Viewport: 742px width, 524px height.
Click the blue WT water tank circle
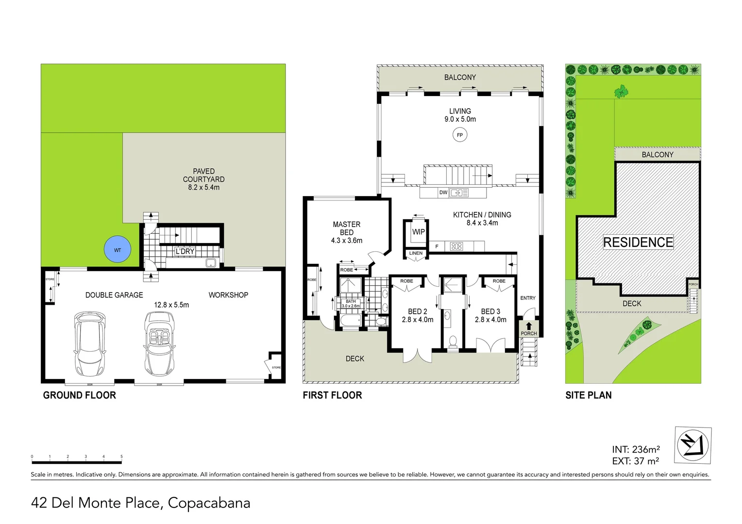pyautogui.click(x=118, y=250)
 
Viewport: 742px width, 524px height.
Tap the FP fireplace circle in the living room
pyautogui.click(x=459, y=135)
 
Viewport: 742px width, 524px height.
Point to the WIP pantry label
pyautogui.click(x=418, y=232)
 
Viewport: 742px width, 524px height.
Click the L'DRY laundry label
pyautogui.click(x=185, y=251)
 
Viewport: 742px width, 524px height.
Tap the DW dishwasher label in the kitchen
pyautogui.click(x=443, y=193)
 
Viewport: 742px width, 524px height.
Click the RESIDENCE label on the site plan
pyautogui.click(x=638, y=242)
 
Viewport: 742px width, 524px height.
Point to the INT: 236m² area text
pyautogui.click(x=636, y=449)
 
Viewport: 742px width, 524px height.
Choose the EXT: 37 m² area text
pyautogui.click(x=636, y=461)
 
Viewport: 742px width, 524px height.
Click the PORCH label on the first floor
pyautogui.click(x=529, y=333)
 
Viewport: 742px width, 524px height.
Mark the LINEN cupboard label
pyautogui.click(x=416, y=253)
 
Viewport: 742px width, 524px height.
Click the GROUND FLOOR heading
pyautogui.click(x=80, y=395)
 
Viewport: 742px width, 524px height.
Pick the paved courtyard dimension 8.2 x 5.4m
pyautogui.click(x=203, y=187)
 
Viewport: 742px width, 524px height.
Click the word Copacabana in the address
pyautogui.click(x=209, y=503)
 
